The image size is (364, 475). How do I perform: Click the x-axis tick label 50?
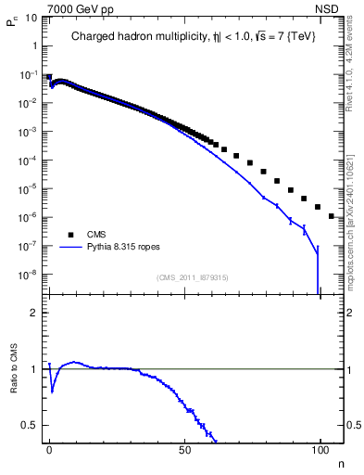click(x=184, y=449)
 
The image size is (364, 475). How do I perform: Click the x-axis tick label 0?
click(x=49, y=449)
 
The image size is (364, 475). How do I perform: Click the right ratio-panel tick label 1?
click(x=350, y=369)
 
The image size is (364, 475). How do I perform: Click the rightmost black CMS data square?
click(x=332, y=216)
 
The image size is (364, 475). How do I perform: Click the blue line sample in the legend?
click(x=73, y=248)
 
